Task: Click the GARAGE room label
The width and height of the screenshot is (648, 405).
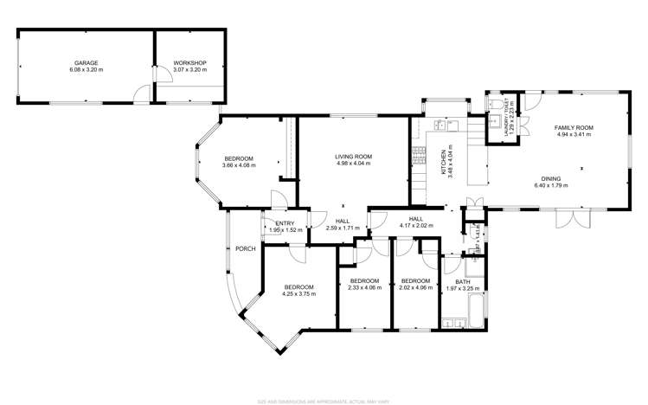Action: click(x=85, y=63)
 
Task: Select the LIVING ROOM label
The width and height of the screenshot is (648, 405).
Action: click(x=352, y=157)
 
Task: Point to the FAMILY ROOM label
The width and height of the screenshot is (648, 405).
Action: click(x=574, y=128)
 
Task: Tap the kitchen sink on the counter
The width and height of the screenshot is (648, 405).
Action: click(x=443, y=125)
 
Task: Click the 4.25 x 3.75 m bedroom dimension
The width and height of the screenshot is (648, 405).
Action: click(x=298, y=293)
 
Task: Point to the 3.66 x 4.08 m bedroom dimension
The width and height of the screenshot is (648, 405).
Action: click(x=239, y=164)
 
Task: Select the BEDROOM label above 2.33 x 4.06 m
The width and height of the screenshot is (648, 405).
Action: click(x=364, y=280)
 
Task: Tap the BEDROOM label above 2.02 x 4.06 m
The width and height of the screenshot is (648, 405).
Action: click(x=415, y=280)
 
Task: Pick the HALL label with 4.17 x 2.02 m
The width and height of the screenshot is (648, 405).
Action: click(x=415, y=219)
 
